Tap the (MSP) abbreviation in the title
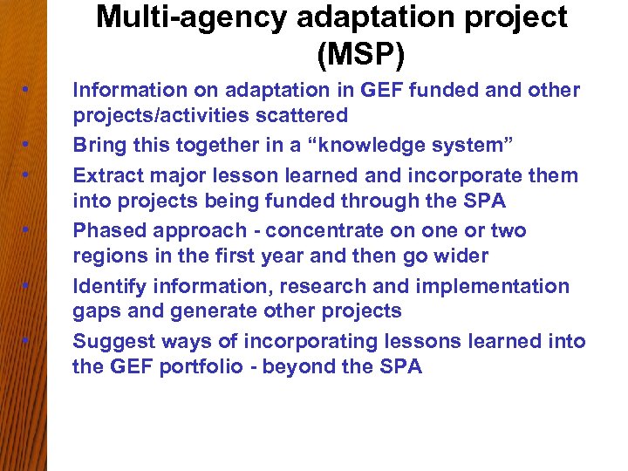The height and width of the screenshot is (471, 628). [x=360, y=55]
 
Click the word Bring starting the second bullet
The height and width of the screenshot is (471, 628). [x=98, y=144]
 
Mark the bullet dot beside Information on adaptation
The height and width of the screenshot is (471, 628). [x=29, y=90]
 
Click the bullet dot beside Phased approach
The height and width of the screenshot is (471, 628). [x=29, y=230]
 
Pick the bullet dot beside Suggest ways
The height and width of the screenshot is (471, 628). [x=29, y=341]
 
